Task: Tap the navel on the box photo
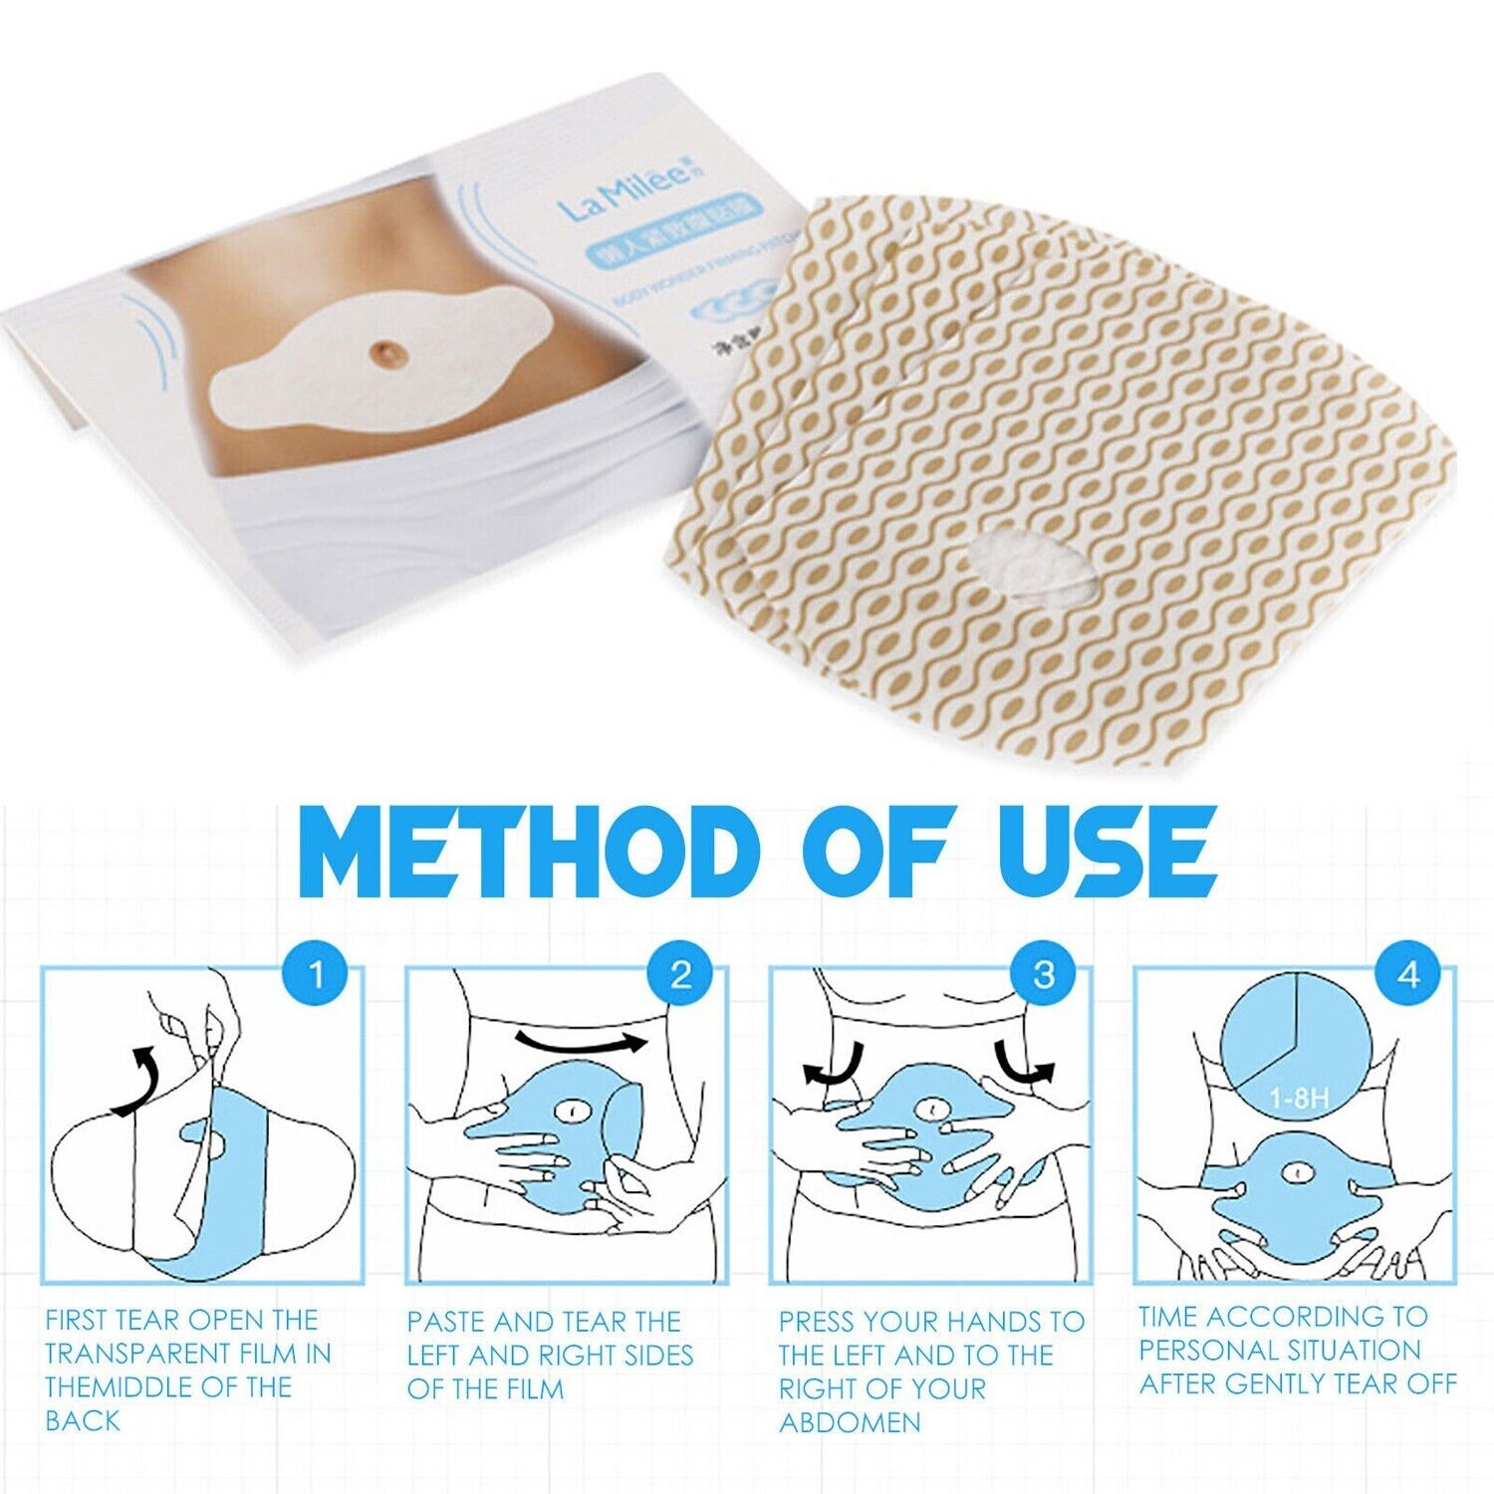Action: coord(384,352)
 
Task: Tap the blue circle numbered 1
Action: coord(316,973)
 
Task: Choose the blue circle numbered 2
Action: coord(680,973)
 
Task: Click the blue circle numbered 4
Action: coord(1407,973)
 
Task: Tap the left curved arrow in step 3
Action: coord(833,1065)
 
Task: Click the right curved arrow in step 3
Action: coord(1026,1065)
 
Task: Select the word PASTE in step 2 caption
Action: coord(446,1322)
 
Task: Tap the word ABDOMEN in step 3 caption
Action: coord(850,1421)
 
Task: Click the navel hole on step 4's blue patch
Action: coord(1299,1173)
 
